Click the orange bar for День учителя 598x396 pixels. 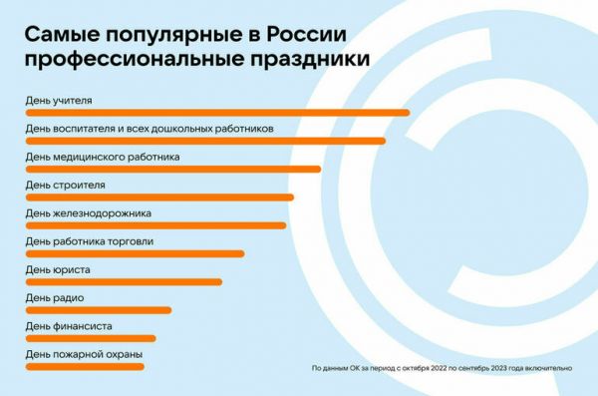(x=216, y=113)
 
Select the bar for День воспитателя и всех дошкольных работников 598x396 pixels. (x=204, y=141)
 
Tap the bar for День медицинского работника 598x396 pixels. (x=171, y=169)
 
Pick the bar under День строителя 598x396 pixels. (x=158, y=198)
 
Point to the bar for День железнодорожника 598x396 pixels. (x=154, y=225)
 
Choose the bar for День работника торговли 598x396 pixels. (x=134, y=253)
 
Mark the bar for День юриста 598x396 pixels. (x=123, y=281)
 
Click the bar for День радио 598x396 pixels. (x=97, y=310)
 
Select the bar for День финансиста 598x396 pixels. (x=90, y=338)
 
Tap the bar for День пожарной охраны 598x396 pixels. (x=84, y=366)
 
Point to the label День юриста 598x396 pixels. (x=56, y=269)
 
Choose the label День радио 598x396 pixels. (x=54, y=297)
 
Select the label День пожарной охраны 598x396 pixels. (x=83, y=354)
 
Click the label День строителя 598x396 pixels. (x=65, y=185)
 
